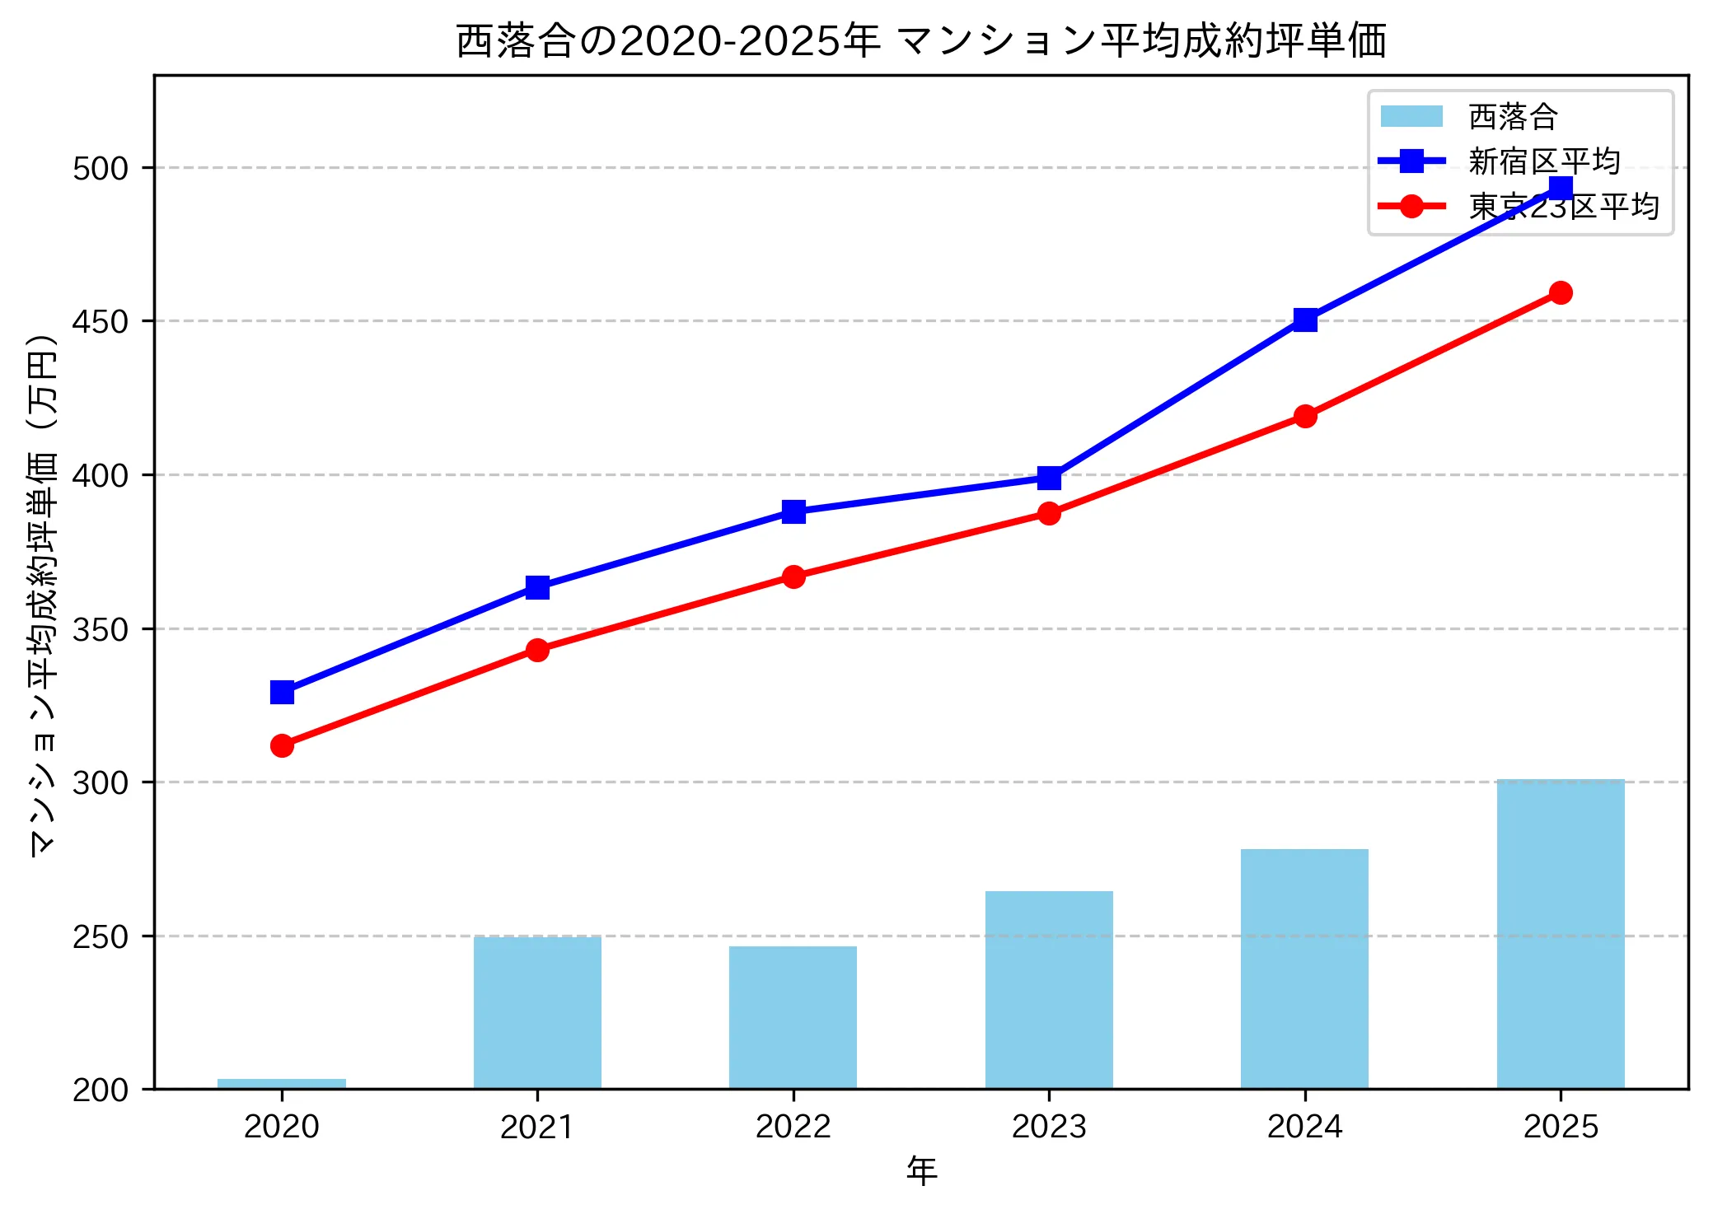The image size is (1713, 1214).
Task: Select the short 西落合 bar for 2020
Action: (x=282, y=1084)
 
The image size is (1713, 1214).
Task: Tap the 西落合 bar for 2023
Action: (x=1049, y=989)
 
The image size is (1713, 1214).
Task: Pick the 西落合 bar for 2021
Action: (x=537, y=1012)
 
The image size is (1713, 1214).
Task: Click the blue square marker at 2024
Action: (x=1304, y=320)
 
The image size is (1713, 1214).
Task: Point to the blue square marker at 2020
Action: (x=282, y=692)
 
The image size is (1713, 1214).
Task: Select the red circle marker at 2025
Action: (x=1560, y=292)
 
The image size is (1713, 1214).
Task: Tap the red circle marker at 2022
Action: (x=793, y=577)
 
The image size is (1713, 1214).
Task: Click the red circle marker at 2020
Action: (x=282, y=745)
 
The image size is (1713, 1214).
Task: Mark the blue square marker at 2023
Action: (x=1049, y=478)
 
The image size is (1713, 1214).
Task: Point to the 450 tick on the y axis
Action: (x=101, y=321)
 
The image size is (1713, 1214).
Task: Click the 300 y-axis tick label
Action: (x=101, y=782)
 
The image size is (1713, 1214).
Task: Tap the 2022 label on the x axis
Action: (x=793, y=1126)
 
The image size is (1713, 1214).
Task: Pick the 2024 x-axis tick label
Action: (x=1304, y=1126)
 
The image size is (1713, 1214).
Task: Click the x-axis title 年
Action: (x=921, y=1170)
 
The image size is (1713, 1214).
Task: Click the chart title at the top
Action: (x=921, y=41)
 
